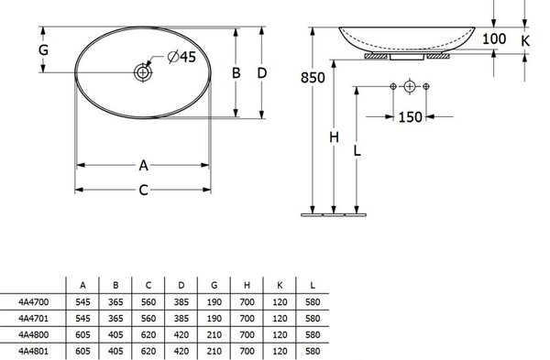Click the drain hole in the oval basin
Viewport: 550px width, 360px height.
click(x=143, y=72)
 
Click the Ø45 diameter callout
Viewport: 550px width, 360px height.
click(x=181, y=57)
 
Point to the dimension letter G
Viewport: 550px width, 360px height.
click(x=43, y=49)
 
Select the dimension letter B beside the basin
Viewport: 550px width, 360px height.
click(x=236, y=73)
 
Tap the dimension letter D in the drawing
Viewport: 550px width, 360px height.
click(x=262, y=73)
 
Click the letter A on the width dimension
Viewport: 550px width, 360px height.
click(x=143, y=165)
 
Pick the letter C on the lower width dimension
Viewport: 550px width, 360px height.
click(x=143, y=190)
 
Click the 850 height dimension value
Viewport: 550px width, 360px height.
click(x=313, y=78)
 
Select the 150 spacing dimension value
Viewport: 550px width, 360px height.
click(x=410, y=116)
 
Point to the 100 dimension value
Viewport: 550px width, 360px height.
click(x=494, y=38)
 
